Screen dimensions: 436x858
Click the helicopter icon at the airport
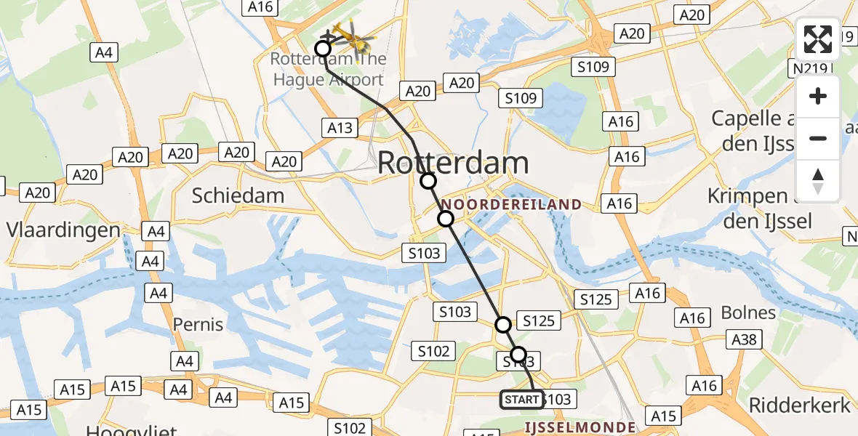[351, 36]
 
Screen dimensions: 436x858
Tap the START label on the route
[521, 400]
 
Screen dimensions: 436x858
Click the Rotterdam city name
[452, 163]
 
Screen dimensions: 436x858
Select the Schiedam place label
[228, 195]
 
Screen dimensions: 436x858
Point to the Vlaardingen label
[63, 230]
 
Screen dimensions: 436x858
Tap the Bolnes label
[748, 312]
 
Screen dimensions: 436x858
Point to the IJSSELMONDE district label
[580, 427]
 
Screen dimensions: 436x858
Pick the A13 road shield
[340, 129]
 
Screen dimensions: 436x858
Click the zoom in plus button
[818, 97]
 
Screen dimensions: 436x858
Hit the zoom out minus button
[818, 138]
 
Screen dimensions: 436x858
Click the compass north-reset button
[818, 181]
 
